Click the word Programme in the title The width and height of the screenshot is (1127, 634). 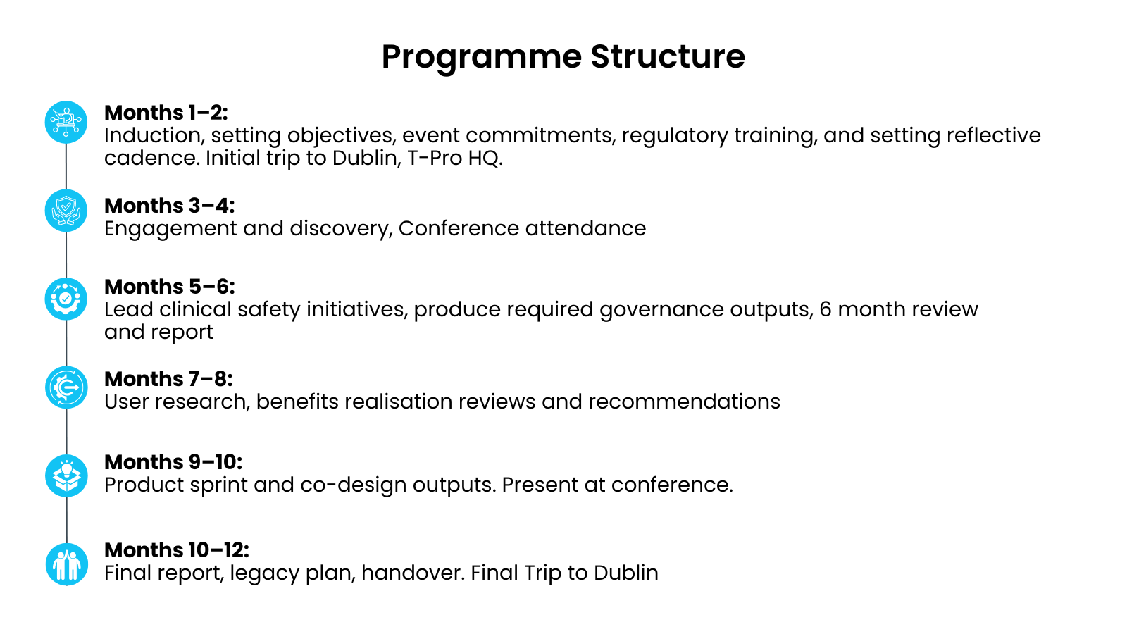click(482, 57)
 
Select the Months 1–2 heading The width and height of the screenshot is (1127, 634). click(166, 113)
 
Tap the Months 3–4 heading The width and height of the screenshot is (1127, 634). click(170, 206)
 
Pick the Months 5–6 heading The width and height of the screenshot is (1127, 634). click(170, 287)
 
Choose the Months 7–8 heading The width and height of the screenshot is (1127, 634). click(168, 379)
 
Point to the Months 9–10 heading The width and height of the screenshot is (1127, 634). click(173, 462)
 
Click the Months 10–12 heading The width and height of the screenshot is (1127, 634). click(177, 550)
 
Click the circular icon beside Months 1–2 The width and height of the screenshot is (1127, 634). click(66, 123)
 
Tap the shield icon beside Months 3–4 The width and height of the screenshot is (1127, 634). click(66, 211)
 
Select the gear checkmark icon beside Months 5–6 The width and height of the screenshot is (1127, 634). click(66, 299)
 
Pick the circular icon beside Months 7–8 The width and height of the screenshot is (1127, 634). click(66, 387)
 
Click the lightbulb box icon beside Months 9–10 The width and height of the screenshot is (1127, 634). click(66, 476)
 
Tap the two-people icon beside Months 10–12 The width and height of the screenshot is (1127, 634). click(66, 564)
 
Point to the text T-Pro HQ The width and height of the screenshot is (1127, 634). click(455, 158)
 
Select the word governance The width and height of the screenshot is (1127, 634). click(661, 310)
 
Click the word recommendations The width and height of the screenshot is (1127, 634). click(684, 402)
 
